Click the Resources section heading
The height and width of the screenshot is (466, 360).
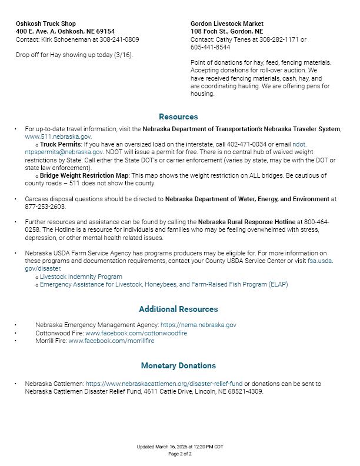tap(178, 116)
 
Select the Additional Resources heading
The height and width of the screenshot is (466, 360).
tap(178, 309)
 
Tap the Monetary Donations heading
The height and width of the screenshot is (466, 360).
tap(178, 365)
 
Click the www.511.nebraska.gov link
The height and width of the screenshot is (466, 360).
tap(58, 137)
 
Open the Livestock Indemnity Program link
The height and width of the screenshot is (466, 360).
tap(81, 277)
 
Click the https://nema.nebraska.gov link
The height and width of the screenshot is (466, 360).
tap(198, 325)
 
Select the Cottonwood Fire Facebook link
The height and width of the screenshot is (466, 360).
tap(136, 333)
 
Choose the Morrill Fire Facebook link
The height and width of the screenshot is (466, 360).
tap(111, 341)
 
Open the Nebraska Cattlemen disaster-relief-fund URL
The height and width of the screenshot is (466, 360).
tap(164, 384)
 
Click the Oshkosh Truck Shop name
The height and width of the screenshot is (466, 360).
tap(46, 24)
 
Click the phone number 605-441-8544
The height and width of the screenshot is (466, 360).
tap(210, 47)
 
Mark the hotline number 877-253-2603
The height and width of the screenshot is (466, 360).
tap(44, 207)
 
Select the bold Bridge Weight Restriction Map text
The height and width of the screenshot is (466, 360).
tap(84, 175)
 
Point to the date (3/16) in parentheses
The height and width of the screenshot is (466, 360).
tap(122, 55)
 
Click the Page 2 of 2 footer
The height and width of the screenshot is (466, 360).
tap(180, 454)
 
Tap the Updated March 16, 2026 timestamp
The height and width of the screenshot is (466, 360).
tap(180, 447)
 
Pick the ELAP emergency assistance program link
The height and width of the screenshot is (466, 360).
tap(164, 284)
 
